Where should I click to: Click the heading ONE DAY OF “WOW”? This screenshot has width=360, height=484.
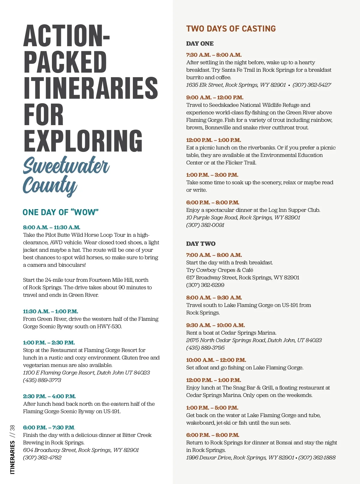[x=61, y=212]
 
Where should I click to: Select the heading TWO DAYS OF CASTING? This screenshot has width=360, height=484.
[x=231, y=29]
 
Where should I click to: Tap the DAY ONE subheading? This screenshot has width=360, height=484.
[x=200, y=44]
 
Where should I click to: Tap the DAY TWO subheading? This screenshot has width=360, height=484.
[x=201, y=244]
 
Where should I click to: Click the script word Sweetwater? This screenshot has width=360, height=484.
[x=66, y=166]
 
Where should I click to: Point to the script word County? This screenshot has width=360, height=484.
[x=50, y=185]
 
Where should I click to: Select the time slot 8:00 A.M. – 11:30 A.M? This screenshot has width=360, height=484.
[x=52, y=227]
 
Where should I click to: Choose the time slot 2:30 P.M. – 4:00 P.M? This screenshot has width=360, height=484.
[x=49, y=396]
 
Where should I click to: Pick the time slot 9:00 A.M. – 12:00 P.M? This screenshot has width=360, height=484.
[x=214, y=98]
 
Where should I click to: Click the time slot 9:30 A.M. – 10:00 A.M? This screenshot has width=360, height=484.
[x=215, y=325]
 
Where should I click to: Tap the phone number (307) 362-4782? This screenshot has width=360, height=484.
[x=42, y=458]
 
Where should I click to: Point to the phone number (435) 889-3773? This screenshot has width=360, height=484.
[x=42, y=380]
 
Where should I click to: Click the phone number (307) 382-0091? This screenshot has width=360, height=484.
[x=205, y=225]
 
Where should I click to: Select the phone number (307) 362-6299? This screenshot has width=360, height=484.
[x=205, y=285]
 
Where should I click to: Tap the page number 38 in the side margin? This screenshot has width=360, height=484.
[x=12, y=428]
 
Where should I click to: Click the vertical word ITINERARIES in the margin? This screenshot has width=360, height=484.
[x=12, y=457]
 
